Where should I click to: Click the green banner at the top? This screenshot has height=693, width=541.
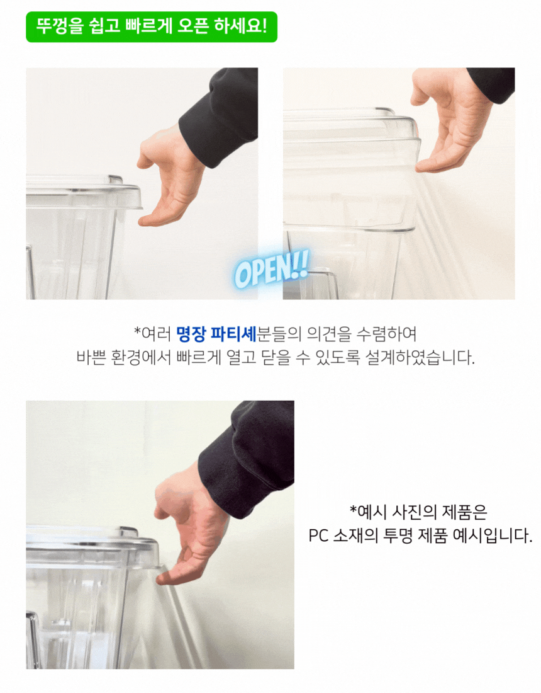(152, 27)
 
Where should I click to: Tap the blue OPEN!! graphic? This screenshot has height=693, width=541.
(271, 269)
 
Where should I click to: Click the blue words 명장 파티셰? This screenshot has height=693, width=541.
(216, 334)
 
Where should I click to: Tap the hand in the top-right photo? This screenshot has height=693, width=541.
(450, 119)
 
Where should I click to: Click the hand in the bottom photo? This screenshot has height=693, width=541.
(190, 526)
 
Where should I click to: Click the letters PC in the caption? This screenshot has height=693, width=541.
(318, 536)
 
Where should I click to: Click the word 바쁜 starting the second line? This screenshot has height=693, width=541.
(91, 358)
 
